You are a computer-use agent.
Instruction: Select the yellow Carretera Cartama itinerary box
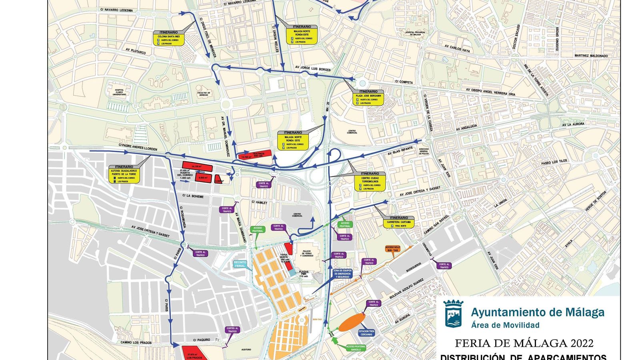point(399,222)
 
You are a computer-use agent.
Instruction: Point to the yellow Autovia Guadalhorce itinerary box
point(124,174)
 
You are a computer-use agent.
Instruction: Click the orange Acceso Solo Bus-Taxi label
point(392,249)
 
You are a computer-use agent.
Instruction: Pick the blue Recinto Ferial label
point(240,264)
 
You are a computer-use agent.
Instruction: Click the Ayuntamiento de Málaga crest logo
point(453,314)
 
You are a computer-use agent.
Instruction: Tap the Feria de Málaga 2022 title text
point(524,343)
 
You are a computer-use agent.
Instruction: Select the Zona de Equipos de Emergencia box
point(342,274)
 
